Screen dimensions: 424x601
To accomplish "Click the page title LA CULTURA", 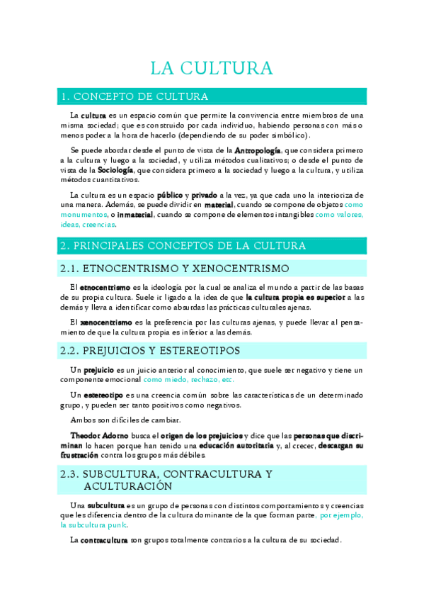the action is click(212, 68).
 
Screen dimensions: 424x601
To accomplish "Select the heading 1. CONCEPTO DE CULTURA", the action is click(134, 96).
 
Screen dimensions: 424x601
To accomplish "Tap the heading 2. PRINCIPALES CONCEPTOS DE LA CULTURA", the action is click(183, 245).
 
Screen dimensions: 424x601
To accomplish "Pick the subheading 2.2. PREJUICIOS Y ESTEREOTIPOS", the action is click(151, 351).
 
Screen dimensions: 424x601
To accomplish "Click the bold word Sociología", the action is click(115, 170).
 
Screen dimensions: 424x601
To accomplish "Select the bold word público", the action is click(170, 195).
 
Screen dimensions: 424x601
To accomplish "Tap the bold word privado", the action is click(204, 195).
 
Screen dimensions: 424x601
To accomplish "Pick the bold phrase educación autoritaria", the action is click(234, 445).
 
